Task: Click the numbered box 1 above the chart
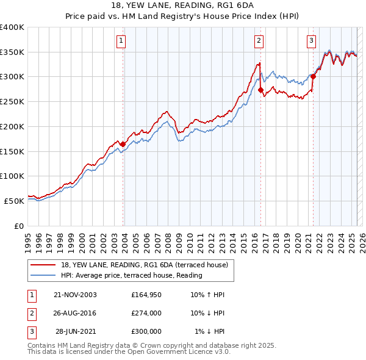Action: pyautogui.click(x=121, y=41)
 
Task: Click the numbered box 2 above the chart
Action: pyautogui.click(x=259, y=41)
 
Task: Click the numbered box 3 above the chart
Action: pyautogui.click(x=311, y=41)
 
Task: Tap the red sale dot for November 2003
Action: pyautogui.click(x=123, y=144)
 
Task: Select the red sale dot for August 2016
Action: pyautogui.click(x=260, y=90)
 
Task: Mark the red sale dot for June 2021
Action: pyautogui.click(x=313, y=77)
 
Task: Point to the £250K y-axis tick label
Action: pyautogui.click(x=12, y=102)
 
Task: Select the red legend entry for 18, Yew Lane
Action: pyautogui.click(x=144, y=265)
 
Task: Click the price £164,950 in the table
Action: pyautogui.click(x=146, y=295)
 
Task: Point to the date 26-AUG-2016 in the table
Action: pyautogui.click(x=75, y=313)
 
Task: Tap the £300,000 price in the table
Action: pyautogui.click(x=146, y=331)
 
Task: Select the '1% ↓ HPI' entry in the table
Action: pyautogui.click(x=210, y=331)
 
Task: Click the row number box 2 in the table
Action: pyautogui.click(x=31, y=313)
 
